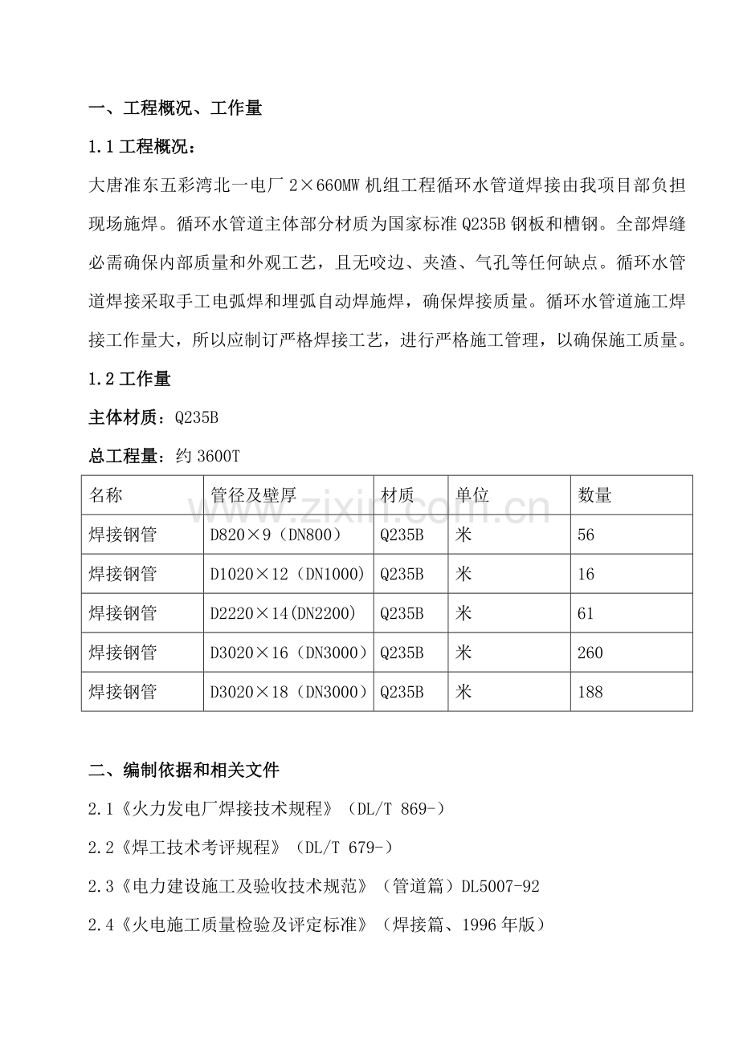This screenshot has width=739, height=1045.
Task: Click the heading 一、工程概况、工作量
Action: (x=175, y=108)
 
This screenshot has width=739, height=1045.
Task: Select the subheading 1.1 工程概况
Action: (x=141, y=148)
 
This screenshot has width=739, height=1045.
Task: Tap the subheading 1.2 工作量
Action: (x=129, y=378)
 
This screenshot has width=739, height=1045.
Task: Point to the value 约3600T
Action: (x=208, y=457)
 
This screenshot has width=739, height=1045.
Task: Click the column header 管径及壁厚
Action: (x=253, y=495)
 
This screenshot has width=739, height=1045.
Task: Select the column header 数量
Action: (x=594, y=495)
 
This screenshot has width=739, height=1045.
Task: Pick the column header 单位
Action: (x=472, y=495)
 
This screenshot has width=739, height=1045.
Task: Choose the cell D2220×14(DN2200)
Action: (x=283, y=613)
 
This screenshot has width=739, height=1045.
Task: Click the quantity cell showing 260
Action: (x=590, y=653)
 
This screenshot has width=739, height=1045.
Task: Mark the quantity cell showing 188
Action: (x=590, y=692)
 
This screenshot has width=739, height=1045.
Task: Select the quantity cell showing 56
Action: (x=586, y=535)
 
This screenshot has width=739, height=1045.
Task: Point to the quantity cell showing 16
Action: (x=586, y=574)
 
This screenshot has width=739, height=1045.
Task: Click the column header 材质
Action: (x=397, y=495)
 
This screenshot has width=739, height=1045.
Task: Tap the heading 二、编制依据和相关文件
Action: (x=184, y=771)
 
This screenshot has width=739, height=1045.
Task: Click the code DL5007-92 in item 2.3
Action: (x=500, y=887)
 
